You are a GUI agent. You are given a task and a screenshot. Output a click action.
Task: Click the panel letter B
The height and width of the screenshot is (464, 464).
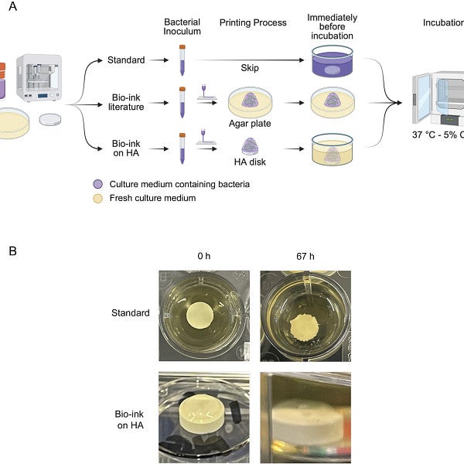tap(12, 251)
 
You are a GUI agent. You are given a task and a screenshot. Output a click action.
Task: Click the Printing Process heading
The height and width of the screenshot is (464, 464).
tap(251, 22)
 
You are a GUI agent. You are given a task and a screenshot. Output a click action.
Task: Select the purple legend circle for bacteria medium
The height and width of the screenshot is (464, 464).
tap(97, 184)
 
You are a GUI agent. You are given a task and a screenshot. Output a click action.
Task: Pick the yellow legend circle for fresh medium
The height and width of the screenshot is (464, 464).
tap(97, 197)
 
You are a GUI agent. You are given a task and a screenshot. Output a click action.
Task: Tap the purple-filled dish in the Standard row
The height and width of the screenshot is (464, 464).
tap(332, 61)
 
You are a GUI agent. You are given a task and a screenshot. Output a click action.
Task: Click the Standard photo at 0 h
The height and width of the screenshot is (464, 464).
tap(202, 315)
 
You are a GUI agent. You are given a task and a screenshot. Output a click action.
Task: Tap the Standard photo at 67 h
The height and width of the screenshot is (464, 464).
tap(305, 315)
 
